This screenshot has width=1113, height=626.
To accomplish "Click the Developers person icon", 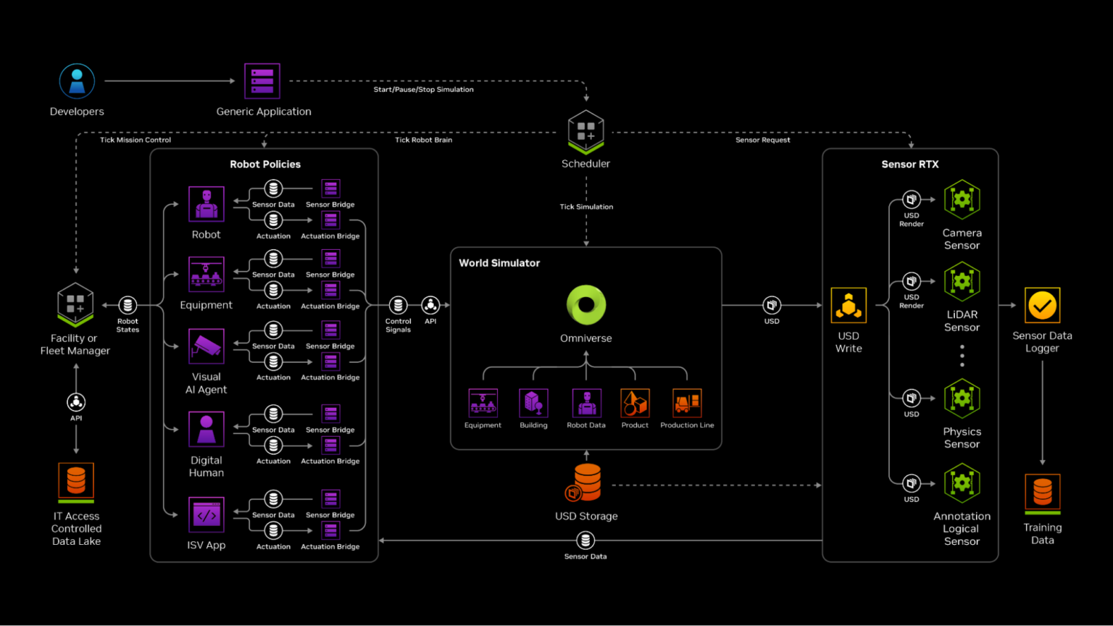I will point(77,81).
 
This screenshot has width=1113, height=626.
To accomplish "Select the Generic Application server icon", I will point(262,81).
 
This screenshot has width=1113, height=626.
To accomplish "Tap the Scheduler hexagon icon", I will point(585,131).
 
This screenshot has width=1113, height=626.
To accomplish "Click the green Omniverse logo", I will point(585,305).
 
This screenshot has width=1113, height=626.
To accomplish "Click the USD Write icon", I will point(849,306).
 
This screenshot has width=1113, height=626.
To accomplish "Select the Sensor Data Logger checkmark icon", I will point(1042,306).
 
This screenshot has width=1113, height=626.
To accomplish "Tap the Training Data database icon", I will point(1042,493).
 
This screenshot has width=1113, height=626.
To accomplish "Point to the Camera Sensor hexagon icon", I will point(962,199).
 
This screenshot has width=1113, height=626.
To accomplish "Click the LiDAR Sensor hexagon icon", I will point(962,281).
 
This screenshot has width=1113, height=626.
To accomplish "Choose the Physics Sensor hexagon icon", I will point(962,398).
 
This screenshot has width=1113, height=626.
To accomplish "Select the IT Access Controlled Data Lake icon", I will point(76,481).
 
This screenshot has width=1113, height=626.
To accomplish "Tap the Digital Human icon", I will point(207,429).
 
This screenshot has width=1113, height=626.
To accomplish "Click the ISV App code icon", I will point(207,515).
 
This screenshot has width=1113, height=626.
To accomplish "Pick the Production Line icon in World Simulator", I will point(686,403).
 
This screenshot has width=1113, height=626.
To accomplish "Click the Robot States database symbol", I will point(128,305).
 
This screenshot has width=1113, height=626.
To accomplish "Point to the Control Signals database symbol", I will point(398,305).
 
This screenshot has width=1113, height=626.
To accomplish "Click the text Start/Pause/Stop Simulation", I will point(423,90).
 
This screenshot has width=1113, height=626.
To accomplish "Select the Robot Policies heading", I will point(265,164).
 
